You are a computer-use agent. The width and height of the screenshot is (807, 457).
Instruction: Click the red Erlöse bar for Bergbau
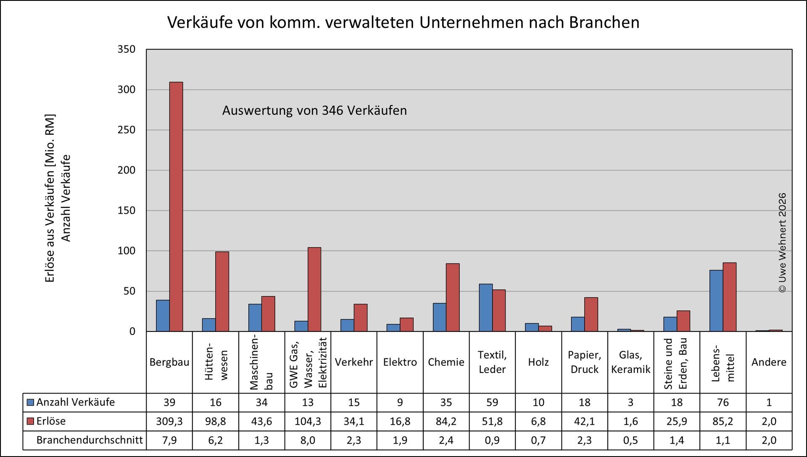pos(176,207)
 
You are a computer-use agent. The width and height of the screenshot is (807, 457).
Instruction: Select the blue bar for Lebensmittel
pos(716,301)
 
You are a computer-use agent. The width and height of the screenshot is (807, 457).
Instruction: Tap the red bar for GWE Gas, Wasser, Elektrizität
pos(314,289)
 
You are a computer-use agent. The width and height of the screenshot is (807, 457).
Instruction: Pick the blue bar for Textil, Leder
pos(485,307)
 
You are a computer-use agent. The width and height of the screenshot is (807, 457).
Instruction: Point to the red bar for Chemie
pos(452,297)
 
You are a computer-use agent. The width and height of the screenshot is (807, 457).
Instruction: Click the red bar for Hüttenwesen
pos(222,292)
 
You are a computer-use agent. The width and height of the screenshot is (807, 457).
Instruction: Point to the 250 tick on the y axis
pos(126,130)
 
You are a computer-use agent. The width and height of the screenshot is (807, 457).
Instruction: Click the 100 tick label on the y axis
pos(126,251)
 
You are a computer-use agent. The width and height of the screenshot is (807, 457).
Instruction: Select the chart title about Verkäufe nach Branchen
pos(403,22)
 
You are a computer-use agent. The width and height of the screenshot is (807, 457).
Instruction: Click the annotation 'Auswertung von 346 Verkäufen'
pos(314,110)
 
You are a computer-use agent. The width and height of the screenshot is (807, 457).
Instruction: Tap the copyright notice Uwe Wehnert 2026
pos(782,243)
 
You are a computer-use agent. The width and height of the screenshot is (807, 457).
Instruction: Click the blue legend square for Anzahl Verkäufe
pos(30,402)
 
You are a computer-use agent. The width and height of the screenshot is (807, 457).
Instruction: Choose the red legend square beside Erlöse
pos(30,421)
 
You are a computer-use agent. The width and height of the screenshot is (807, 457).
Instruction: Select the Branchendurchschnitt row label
pos(90,440)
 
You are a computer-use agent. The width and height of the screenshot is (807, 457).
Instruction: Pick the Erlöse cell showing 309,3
pos(169,421)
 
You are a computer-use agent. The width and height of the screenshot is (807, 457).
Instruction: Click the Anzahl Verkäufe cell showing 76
pos(723,402)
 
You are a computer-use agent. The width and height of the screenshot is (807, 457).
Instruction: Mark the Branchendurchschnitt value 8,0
pos(308,440)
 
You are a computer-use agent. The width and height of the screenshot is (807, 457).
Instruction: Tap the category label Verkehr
pos(353,362)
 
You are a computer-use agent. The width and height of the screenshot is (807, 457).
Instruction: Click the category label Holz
pos(538,362)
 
